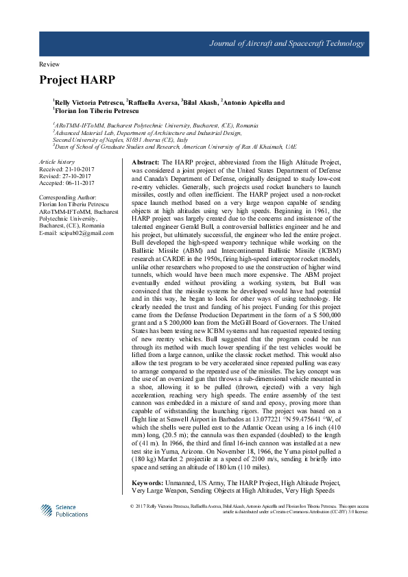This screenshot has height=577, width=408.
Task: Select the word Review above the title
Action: point(50,63)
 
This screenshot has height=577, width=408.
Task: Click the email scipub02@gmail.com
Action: point(87,233)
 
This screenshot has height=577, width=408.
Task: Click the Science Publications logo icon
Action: point(47,510)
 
